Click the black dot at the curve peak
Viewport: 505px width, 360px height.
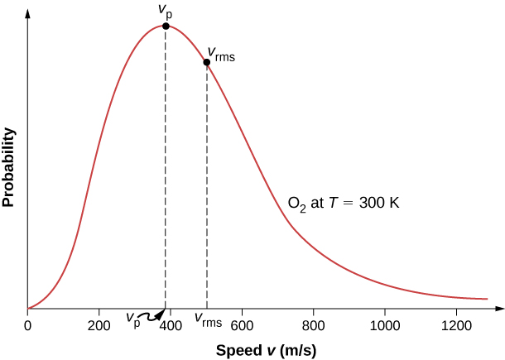[166, 26]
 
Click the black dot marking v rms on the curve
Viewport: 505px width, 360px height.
[207, 62]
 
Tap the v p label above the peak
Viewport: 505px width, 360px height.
[165, 10]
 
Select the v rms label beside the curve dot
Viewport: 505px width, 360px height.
[221, 55]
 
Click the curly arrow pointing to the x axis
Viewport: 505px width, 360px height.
[152, 315]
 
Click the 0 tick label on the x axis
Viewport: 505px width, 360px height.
[28, 325]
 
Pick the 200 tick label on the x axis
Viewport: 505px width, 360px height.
[99, 325]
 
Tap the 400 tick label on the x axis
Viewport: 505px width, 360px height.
[171, 325]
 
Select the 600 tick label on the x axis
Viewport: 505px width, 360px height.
[242, 325]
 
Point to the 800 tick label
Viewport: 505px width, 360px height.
[313, 325]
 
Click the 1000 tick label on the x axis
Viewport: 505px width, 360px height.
[383, 325]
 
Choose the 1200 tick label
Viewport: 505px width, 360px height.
[454, 325]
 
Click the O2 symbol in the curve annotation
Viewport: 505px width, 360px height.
[296, 203]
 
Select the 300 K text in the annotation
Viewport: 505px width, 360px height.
[379, 202]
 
